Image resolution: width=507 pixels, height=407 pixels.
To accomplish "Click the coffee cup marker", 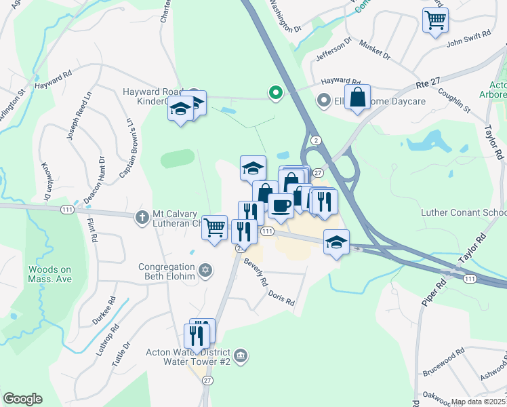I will [x=281, y=205].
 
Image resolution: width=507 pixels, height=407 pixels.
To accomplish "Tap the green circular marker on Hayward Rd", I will [x=275, y=92].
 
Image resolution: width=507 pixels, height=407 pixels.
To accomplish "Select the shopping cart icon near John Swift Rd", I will [x=435, y=19].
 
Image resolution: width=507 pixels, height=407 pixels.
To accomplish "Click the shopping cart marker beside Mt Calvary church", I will [x=215, y=228].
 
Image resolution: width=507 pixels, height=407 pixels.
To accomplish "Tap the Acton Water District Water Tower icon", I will [x=240, y=355].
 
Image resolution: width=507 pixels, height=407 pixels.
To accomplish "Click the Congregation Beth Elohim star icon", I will [x=206, y=272].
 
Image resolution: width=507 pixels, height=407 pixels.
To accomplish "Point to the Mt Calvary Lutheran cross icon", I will [x=142, y=218].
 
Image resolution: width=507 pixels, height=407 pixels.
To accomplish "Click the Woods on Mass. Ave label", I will [x=49, y=274].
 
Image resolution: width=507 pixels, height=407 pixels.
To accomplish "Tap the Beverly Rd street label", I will [x=257, y=273].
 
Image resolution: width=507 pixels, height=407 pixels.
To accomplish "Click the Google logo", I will [x=22, y=399].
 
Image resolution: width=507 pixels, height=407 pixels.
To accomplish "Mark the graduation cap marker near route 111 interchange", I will [x=336, y=242].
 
